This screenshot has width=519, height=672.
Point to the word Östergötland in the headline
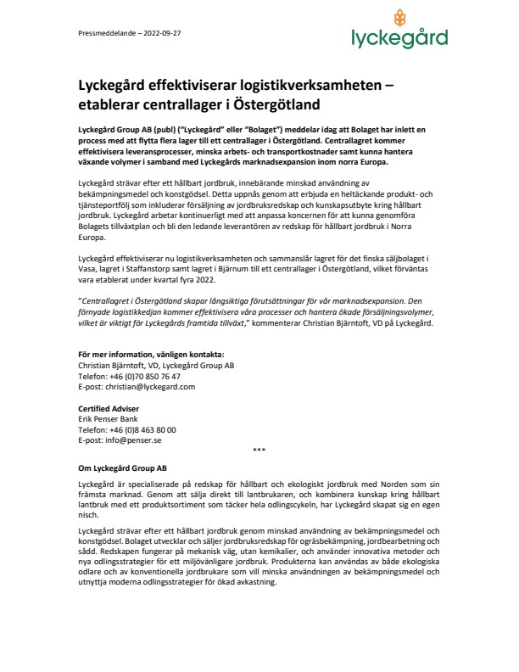276,105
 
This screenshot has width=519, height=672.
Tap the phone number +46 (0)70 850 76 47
142,376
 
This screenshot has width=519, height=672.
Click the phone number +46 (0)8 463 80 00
140,430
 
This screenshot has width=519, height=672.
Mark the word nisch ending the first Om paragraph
88,513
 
